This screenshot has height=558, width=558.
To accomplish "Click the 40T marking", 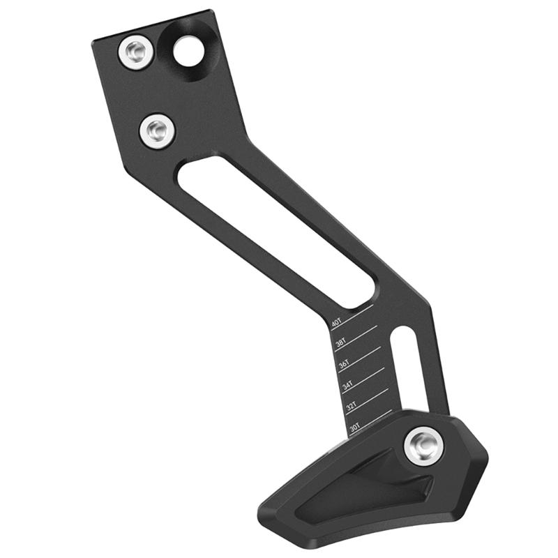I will tap(337, 324).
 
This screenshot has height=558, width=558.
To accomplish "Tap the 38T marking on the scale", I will tap(340, 343).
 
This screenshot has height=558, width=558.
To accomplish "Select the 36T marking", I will tap(344, 364).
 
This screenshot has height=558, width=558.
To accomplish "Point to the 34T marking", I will tap(347, 385).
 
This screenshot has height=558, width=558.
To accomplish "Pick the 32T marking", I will tap(352, 405).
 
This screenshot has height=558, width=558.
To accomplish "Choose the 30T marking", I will tap(355, 425).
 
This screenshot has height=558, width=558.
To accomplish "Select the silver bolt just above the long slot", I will tap(157, 130).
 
